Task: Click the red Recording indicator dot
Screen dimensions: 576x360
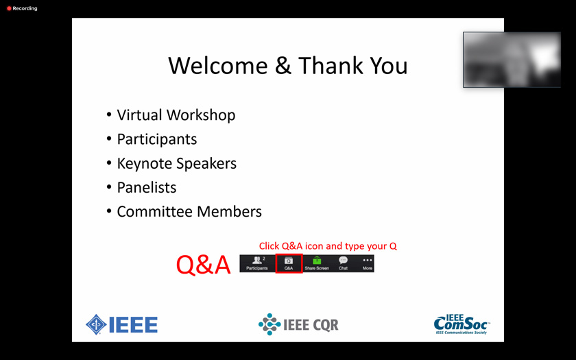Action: [x=9, y=8]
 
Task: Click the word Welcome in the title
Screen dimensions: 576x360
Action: [x=218, y=66]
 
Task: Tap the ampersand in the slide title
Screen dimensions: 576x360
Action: [x=283, y=66]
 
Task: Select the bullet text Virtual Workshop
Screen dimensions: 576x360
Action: [x=176, y=115]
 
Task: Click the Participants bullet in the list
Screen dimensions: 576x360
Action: [x=157, y=139]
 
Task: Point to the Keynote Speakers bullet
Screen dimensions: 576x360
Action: [x=177, y=163]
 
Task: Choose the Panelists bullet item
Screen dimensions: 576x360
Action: [x=147, y=188]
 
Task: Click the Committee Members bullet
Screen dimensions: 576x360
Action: [x=189, y=212]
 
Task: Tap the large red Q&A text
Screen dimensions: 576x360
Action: [x=203, y=265]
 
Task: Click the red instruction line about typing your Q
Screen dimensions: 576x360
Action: [x=328, y=246]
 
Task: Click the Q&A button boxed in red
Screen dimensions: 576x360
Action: [x=289, y=263]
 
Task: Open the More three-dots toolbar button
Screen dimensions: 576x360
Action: [x=368, y=263]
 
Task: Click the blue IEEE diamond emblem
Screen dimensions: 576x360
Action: [x=96, y=324]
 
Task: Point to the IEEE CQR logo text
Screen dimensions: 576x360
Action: [x=311, y=325]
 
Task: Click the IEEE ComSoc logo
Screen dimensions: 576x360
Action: [x=461, y=324]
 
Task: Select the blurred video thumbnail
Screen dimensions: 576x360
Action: [x=512, y=60]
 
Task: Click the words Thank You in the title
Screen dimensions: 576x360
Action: [x=352, y=66]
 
